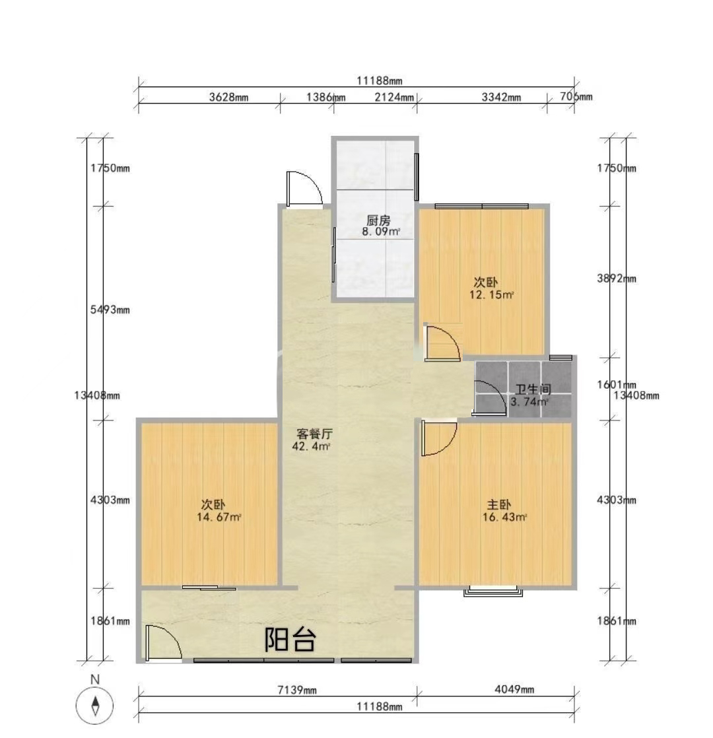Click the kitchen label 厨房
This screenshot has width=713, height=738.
[378, 220]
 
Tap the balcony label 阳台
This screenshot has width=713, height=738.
[290, 639]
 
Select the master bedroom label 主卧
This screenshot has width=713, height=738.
[498, 505]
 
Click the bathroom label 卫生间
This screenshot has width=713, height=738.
[533, 389]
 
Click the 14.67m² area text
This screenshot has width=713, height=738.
[219, 518]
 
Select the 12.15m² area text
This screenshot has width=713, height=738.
[491, 295]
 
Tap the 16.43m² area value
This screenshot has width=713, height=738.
[504, 518]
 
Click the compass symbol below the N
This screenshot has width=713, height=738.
[95, 706]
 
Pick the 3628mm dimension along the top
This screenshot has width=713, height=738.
[228, 98]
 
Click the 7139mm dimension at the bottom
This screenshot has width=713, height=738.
[297, 690]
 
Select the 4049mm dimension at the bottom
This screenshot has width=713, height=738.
[514, 690]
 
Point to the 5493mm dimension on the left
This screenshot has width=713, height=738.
[110, 310]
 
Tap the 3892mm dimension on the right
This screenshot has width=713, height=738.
[617, 279]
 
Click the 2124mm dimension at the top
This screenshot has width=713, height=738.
[394, 98]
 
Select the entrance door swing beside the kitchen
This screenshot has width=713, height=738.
[304, 189]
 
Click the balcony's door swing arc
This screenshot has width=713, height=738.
[163, 643]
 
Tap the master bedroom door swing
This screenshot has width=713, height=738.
[440, 438]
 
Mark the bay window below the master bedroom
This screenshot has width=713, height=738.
[493, 591]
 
